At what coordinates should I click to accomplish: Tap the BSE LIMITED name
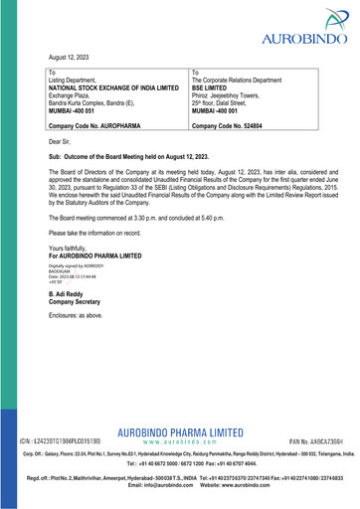215,87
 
